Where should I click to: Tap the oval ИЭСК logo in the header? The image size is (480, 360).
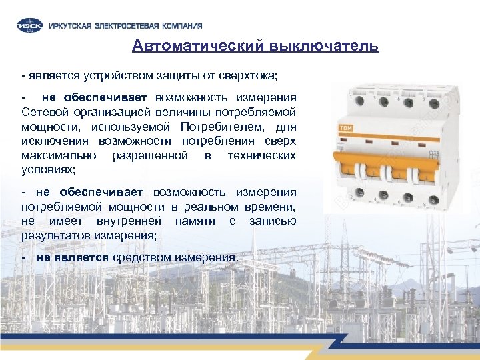(31, 25)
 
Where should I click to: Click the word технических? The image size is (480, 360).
(262, 155)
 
